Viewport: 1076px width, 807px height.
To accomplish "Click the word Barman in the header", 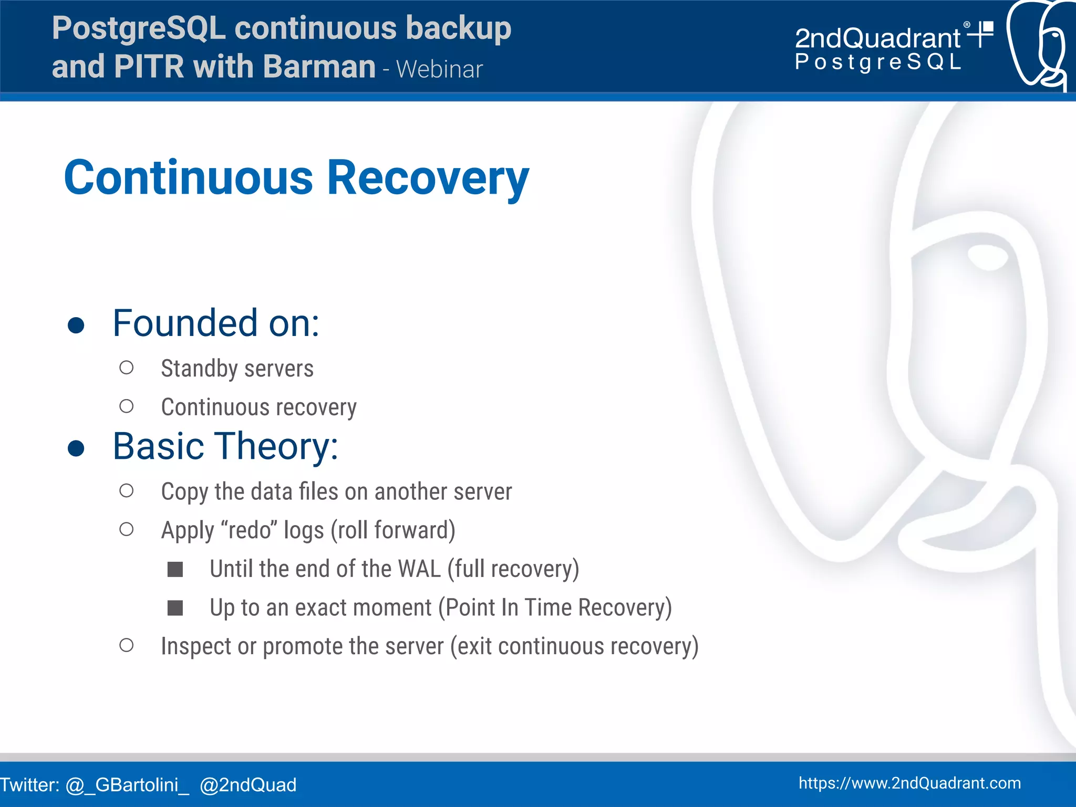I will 319,67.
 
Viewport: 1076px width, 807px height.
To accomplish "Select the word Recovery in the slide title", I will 428,178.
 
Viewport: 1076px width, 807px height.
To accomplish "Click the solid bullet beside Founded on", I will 76,325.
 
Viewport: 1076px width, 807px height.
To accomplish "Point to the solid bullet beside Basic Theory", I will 76,448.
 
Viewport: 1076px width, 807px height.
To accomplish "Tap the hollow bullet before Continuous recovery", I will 126,406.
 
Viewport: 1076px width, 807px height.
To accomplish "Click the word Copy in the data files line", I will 184,492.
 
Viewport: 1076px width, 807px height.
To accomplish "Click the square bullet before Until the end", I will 175,569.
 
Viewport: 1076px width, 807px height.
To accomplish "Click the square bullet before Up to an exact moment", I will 175,608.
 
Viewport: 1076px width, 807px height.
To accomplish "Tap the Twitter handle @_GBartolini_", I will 127,785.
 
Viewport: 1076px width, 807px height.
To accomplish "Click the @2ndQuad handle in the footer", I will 248,785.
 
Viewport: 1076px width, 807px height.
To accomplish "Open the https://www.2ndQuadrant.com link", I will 909,783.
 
